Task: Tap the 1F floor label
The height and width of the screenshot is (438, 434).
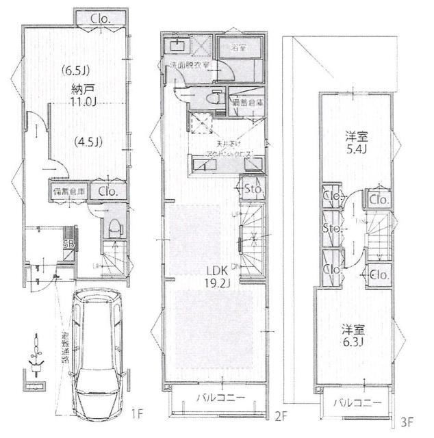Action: click(x=137, y=413)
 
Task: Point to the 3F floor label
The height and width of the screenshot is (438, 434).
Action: click(x=408, y=422)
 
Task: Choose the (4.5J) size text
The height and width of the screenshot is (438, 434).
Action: click(x=88, y=142)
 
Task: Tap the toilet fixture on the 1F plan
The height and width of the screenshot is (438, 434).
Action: click(x=114, y=226)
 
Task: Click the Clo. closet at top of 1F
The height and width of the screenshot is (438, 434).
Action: click(x=101, y=18)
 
